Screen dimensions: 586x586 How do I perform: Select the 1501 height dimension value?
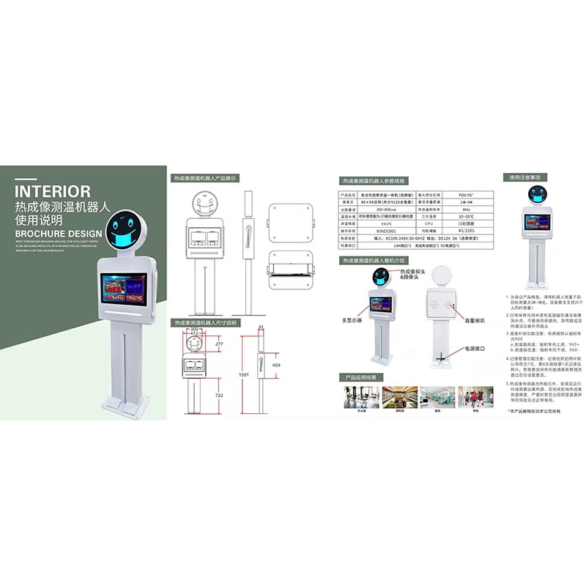244,375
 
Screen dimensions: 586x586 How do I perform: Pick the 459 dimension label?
275,365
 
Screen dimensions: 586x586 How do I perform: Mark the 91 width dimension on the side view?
261,328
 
